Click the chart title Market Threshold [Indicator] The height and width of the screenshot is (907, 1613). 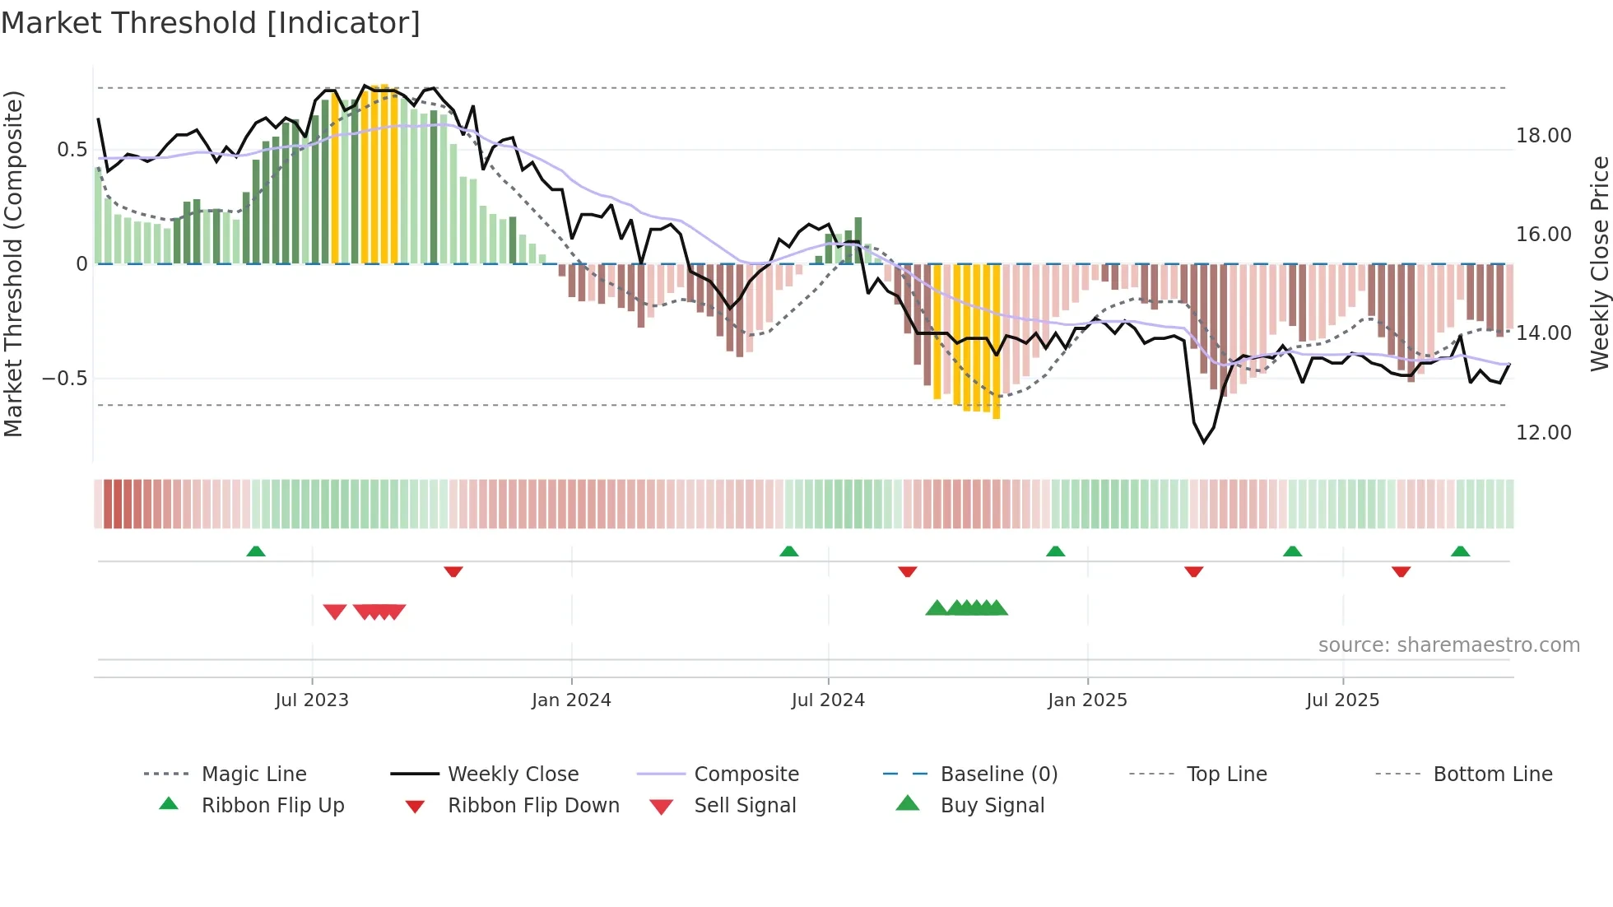[211, 23]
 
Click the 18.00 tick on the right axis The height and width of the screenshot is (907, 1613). [1543, 136]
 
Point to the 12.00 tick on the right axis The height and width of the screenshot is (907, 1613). [1543, 433]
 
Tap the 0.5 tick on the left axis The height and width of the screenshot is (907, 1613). [72, 150]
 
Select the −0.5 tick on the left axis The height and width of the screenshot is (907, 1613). [65, 379]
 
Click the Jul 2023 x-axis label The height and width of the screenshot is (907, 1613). [312, 700]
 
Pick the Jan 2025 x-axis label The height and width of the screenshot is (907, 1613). [1087, 700]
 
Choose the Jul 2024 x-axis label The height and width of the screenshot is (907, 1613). [828, 700]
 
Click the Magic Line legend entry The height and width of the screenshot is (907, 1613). [253, 774]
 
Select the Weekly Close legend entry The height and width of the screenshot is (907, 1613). [513, 774]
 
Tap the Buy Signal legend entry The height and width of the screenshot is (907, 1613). [992, 806]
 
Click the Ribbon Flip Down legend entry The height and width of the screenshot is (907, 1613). [533, 806]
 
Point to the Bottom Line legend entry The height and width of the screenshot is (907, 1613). [1492, 774]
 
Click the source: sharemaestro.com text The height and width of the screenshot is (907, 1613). [1448, 645]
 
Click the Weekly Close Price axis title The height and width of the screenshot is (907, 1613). [1599, 263]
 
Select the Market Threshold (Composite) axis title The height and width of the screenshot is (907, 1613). [13, 263]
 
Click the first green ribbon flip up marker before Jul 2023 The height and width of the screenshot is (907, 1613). [256, 551]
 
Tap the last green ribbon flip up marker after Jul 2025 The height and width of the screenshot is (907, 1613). [1460, 551]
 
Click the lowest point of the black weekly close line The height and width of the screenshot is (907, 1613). [1204, 442]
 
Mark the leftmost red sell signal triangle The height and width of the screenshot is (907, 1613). [335, 612]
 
